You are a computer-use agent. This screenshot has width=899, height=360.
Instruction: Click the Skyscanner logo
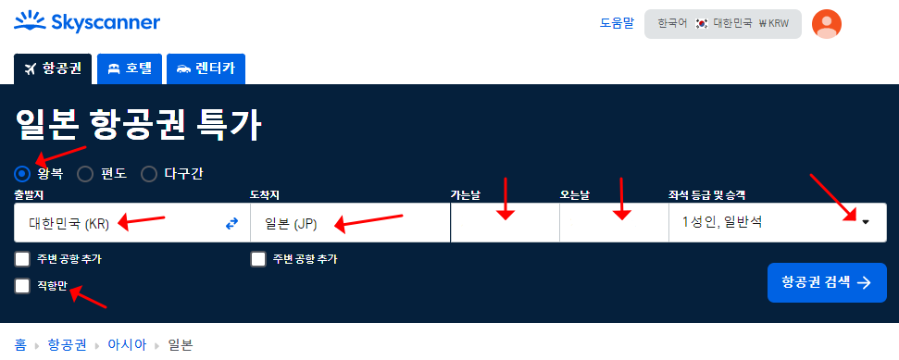pos(88,22)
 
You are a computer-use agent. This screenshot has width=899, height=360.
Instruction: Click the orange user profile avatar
pos(826,23)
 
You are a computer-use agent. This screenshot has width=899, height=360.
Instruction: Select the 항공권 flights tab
pos(53,68)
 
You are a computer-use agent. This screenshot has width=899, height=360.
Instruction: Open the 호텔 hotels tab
pos(130,68)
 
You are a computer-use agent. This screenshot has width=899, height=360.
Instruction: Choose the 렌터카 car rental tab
pos(206,68)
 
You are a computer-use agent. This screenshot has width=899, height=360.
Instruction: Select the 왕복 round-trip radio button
pos(23,173)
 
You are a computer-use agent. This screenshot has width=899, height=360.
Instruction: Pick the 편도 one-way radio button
pos(85,173)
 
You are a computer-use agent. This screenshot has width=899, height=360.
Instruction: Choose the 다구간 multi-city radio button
pos(149,173)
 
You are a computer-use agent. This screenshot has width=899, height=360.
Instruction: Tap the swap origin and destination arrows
pos(231,223)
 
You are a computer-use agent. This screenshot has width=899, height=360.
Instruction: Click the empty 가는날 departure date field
pos(505,223)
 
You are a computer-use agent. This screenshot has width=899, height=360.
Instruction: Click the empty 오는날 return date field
pos(613,223)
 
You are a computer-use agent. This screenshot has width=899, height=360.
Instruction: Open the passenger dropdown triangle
pos(865,222)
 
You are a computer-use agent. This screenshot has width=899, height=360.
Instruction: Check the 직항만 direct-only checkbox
pos(23,286)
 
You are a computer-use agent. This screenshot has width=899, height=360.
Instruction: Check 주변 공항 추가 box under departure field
pos(23,259)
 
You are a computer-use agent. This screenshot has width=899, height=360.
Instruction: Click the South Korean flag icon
pos(702,22)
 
